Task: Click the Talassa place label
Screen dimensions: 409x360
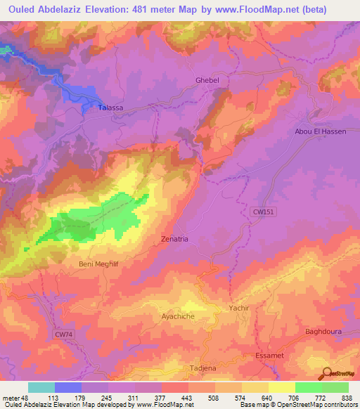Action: pos(108,108)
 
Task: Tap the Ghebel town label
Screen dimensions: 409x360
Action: pos(207,81)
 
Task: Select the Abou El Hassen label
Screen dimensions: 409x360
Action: pos(320,131)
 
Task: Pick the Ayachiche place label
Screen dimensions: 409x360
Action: pos(181,317)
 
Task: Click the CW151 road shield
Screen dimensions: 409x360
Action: pos(262,211)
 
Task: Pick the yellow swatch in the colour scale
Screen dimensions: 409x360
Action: pos(281,387)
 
